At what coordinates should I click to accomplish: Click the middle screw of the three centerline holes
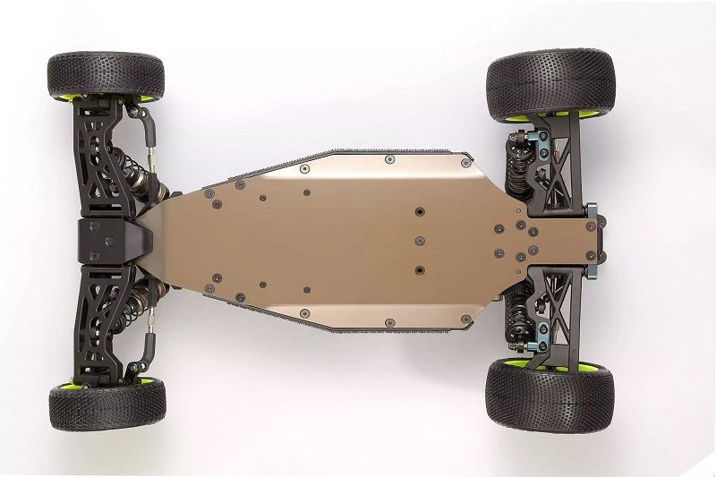(420, 240)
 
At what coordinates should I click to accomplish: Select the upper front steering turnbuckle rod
(152, 143)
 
